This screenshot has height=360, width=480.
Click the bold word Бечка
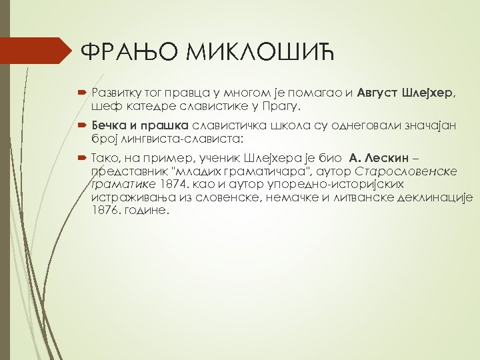111,125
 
